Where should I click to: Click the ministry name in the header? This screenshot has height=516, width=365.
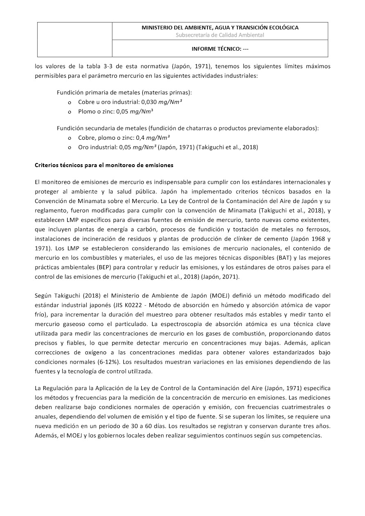(220, 28)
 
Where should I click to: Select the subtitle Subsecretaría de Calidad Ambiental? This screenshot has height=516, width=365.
(220, 35)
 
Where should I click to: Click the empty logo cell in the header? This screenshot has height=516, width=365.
(75, 39)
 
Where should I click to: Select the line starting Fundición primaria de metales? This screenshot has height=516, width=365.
(124, 93)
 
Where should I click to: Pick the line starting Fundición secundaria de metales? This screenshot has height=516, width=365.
(187, 128)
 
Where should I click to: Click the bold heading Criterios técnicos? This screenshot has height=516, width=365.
(104, 165)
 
